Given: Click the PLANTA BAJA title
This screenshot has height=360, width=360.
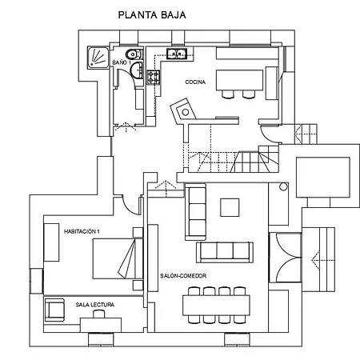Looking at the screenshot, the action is [152, 15].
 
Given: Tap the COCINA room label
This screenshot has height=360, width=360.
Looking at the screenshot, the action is [195, 82].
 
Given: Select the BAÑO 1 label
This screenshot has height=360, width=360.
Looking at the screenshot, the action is [122, 62].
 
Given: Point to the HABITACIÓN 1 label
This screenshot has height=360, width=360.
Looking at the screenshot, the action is [82, 231].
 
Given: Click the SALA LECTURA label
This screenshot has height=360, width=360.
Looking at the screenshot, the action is [95, 305].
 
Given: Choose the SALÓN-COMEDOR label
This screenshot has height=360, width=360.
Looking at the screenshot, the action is [183, 276].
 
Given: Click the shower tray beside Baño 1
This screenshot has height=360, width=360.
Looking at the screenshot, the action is [98, 58].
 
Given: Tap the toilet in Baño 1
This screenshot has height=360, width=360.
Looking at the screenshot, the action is [134, 54].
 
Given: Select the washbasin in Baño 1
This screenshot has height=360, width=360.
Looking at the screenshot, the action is [137, 70].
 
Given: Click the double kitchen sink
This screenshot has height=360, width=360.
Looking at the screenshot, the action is [177, 54].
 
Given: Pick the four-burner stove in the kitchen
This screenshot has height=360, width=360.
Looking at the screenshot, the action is [154, 77].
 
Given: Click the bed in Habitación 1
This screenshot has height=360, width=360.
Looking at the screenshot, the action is [118, 258].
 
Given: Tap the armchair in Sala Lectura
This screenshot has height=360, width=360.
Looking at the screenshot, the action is [54, 310].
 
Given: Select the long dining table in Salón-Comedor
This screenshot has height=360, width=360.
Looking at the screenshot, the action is [216, 306].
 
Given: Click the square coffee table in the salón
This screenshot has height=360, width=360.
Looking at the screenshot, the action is [230, 207].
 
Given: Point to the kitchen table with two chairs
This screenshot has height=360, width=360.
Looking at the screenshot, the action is [239, 80].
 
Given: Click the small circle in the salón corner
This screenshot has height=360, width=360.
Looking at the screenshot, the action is [283, 186].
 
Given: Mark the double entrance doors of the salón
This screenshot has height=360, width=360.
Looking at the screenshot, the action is [286, 258].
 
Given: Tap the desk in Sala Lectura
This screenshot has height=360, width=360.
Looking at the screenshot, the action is [101, 325].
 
